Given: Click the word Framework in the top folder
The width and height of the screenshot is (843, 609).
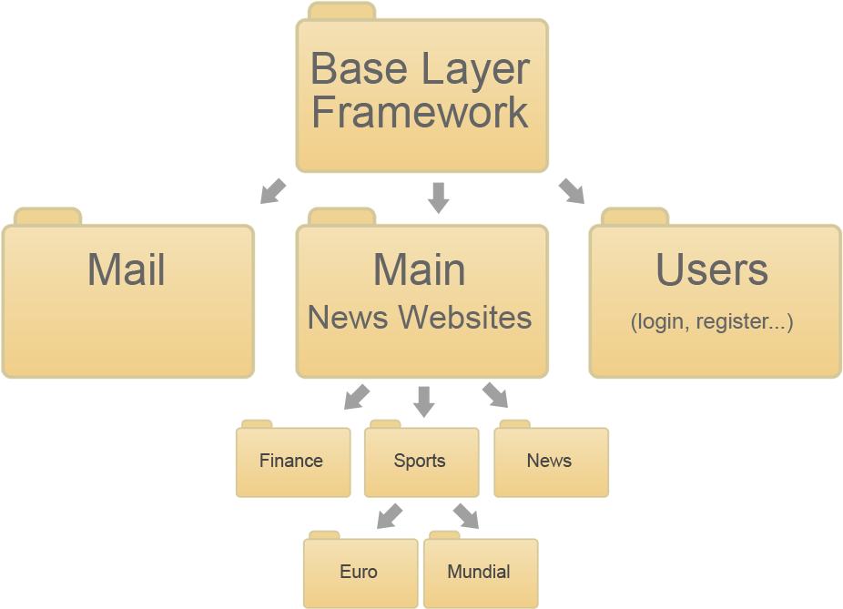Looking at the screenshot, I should click(x=420, y=113).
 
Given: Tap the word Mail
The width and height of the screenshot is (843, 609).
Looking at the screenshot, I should click(x=127, y=270).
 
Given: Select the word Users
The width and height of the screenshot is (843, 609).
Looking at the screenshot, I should click(x=712, y=270).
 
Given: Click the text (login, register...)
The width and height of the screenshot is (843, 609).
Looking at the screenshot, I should click(x=712, y=321).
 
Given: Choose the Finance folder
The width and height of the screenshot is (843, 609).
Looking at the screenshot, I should click(x=292, y=462).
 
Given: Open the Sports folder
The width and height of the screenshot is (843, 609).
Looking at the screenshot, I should click(x=421, y=462).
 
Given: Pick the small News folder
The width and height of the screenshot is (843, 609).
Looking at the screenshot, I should click(x=550, y=462).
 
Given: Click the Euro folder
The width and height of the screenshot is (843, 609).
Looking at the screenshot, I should click(x=359, y=573).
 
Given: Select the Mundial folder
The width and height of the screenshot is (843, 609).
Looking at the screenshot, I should click(x=479, y=573).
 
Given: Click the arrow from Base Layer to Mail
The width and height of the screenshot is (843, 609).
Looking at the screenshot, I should click(x=272, y=191).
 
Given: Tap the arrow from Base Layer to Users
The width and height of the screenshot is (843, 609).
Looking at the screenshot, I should click(x=572, y=190).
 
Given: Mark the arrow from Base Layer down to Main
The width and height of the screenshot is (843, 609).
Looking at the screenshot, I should click(x=439, y=197).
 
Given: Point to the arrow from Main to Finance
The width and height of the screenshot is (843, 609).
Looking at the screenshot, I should click(x=357, y=396).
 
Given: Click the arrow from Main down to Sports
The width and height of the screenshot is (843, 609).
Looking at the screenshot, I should click(x=423, y=400).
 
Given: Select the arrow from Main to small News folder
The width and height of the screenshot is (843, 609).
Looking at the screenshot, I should click(x=495, y=394).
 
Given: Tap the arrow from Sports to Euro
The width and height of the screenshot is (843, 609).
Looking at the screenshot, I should click(x=390, y=515).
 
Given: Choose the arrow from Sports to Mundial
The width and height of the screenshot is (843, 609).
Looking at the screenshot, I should click(x=466, y=515).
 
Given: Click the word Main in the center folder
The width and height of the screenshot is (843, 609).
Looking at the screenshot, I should click(x=420, y=270).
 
